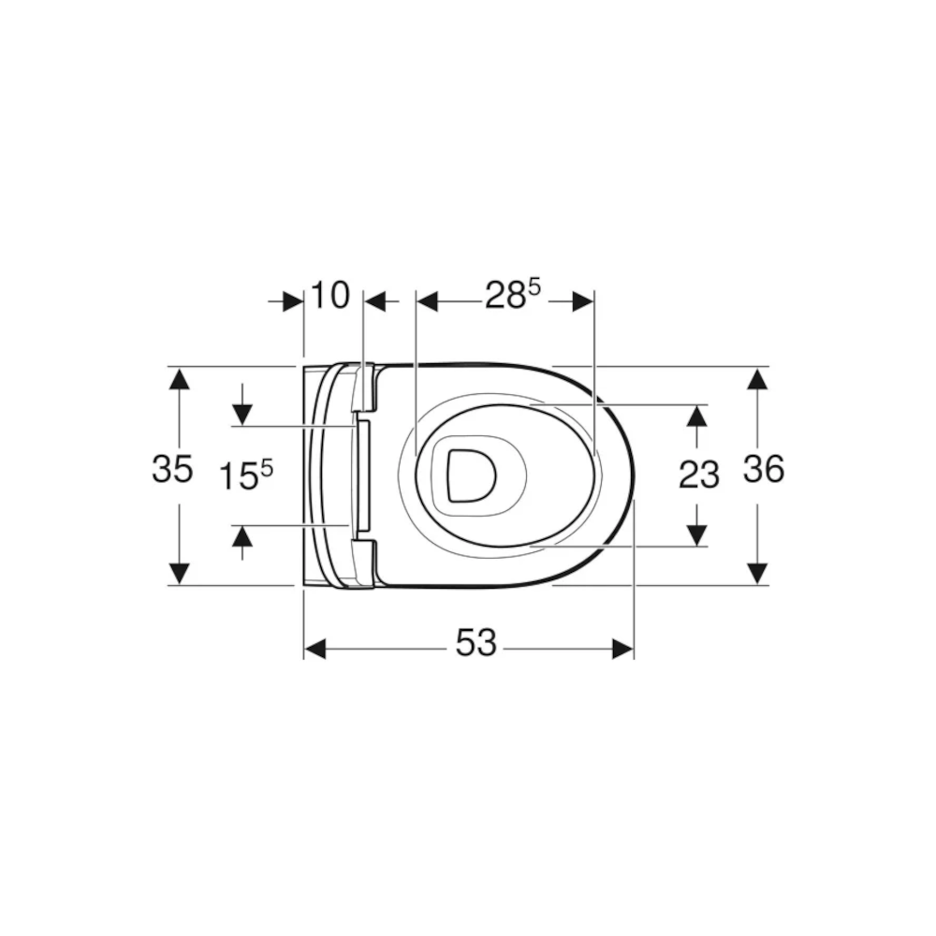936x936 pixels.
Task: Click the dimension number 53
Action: (x=475, y=643)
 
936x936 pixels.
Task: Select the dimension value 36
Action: (x=764, y=469)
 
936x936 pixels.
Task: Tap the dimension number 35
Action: (x=172, y=469)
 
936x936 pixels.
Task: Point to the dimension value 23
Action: (x=699, y=475)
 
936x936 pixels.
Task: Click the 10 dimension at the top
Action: (x=330, y=295)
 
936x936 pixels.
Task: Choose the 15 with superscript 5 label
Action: (x=246, y=475)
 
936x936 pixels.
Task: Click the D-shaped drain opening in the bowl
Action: (x=472, y=475)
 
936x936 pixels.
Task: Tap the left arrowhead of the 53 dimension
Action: (x=315, y=649)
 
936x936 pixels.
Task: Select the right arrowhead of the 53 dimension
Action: (x=622, y=649)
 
